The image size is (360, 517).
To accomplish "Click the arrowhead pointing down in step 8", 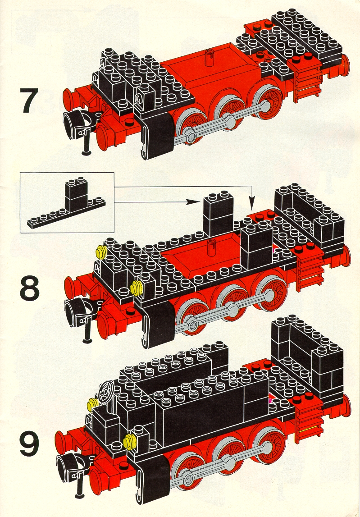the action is click(x=251, y=204).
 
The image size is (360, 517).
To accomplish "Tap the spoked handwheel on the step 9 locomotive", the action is click(x=106, y=392).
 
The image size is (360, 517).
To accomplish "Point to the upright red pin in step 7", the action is click(x=208, y=59).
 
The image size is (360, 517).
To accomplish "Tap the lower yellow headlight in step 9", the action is click(x=129, y=440).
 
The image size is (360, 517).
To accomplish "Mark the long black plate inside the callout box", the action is click(x=66, y=214).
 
